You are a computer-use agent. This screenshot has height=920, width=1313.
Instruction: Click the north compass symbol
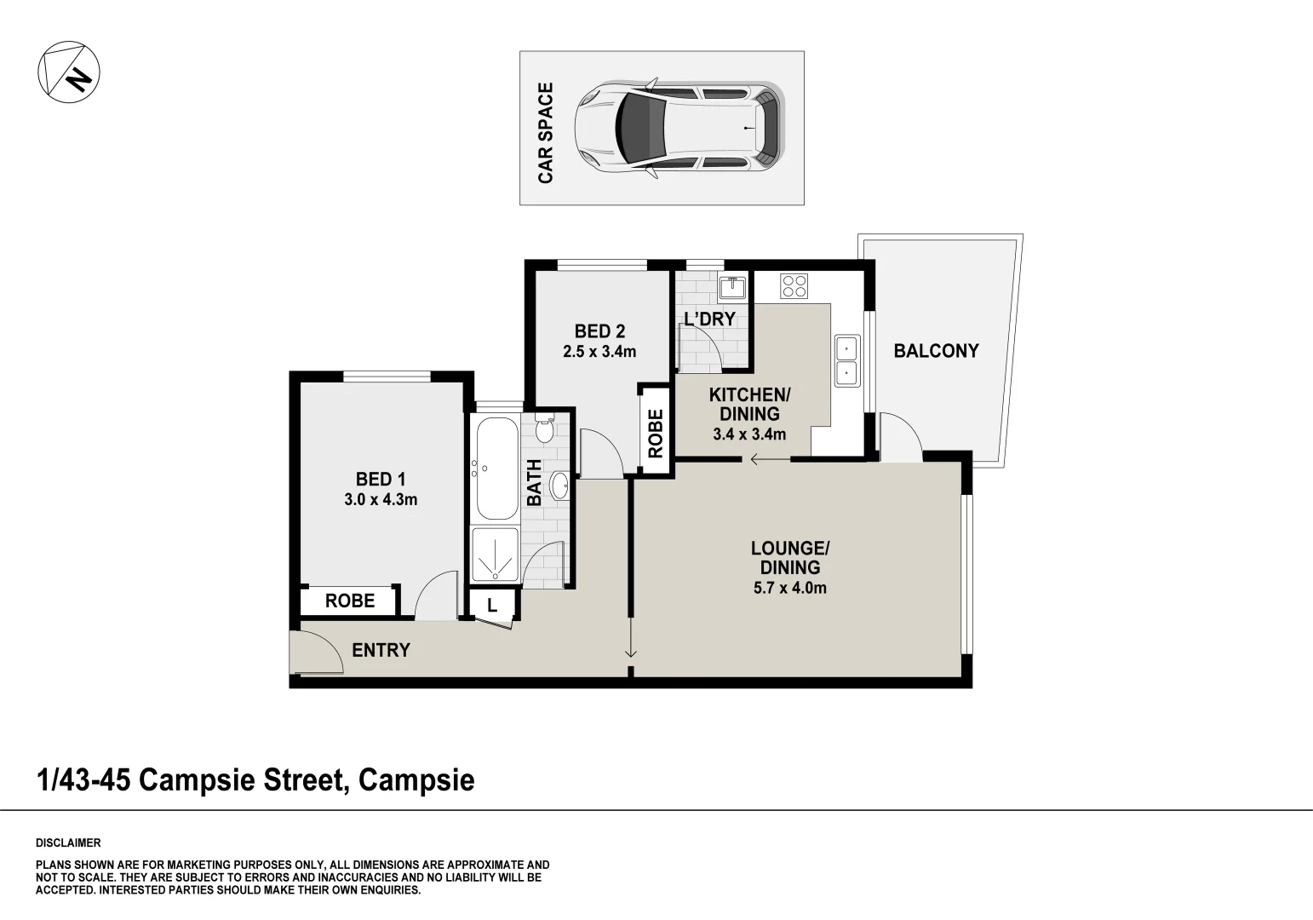[69, 71]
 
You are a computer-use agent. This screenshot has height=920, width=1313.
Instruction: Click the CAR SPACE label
[545, 132]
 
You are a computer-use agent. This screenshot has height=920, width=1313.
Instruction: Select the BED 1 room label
[380, 479]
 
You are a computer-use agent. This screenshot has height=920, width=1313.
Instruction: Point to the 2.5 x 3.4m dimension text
[599, 351]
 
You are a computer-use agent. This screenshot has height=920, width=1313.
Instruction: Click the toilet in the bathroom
[544, 428]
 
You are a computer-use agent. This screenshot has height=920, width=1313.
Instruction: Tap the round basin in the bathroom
[559, 486]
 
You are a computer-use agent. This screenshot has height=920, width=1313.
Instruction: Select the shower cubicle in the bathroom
[495, 557]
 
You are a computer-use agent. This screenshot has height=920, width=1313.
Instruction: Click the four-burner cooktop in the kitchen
[794, 285]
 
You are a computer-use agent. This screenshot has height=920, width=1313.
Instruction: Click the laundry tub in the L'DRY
[731, 287]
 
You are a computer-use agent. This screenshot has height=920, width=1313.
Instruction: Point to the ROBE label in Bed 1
[349, 601]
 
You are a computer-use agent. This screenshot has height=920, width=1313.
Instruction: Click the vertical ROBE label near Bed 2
[655, 434]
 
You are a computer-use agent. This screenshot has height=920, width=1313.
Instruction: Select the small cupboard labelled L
[492, 606]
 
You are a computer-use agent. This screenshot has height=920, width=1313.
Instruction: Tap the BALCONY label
[936, 350]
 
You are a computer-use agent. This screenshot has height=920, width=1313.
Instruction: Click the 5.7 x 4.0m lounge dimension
[789, 588]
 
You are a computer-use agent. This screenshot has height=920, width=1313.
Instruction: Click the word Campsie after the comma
[416, 779]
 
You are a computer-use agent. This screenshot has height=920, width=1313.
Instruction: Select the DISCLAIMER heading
[68, 843]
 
